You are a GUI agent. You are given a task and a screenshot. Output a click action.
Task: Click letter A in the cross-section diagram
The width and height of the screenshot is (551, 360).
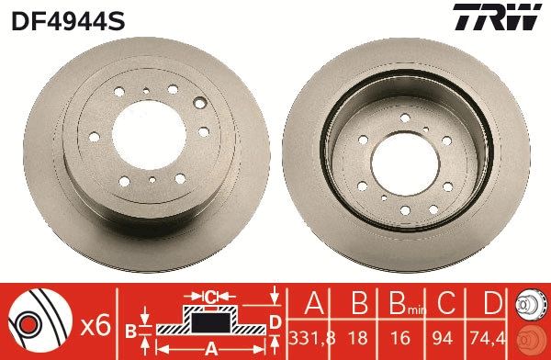click(209, 347)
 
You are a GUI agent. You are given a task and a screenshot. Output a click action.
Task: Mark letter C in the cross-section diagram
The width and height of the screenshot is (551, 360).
click(209, 297)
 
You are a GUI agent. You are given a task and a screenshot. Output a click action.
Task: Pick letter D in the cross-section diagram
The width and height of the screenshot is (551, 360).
click(274, 320)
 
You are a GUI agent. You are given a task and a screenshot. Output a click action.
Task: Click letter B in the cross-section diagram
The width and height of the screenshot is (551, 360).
click(130, 328)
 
